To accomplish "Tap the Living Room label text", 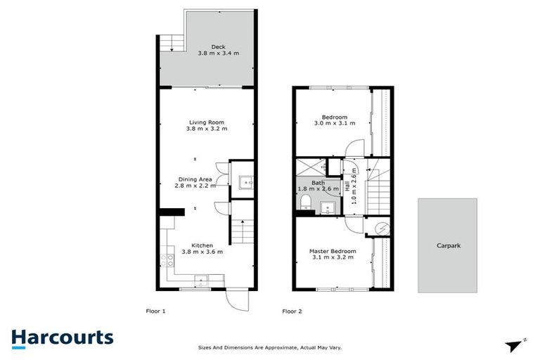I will click(207, 125).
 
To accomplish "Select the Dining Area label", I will click(193, 183).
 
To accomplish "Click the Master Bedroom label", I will click(333, 254).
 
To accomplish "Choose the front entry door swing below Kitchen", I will click(236, 300).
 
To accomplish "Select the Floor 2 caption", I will click(292, 310).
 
